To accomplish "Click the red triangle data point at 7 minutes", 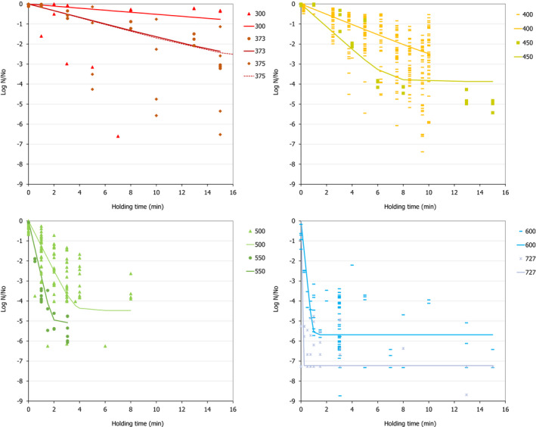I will [118, 136].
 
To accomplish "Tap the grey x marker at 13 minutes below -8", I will [466, 394].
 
